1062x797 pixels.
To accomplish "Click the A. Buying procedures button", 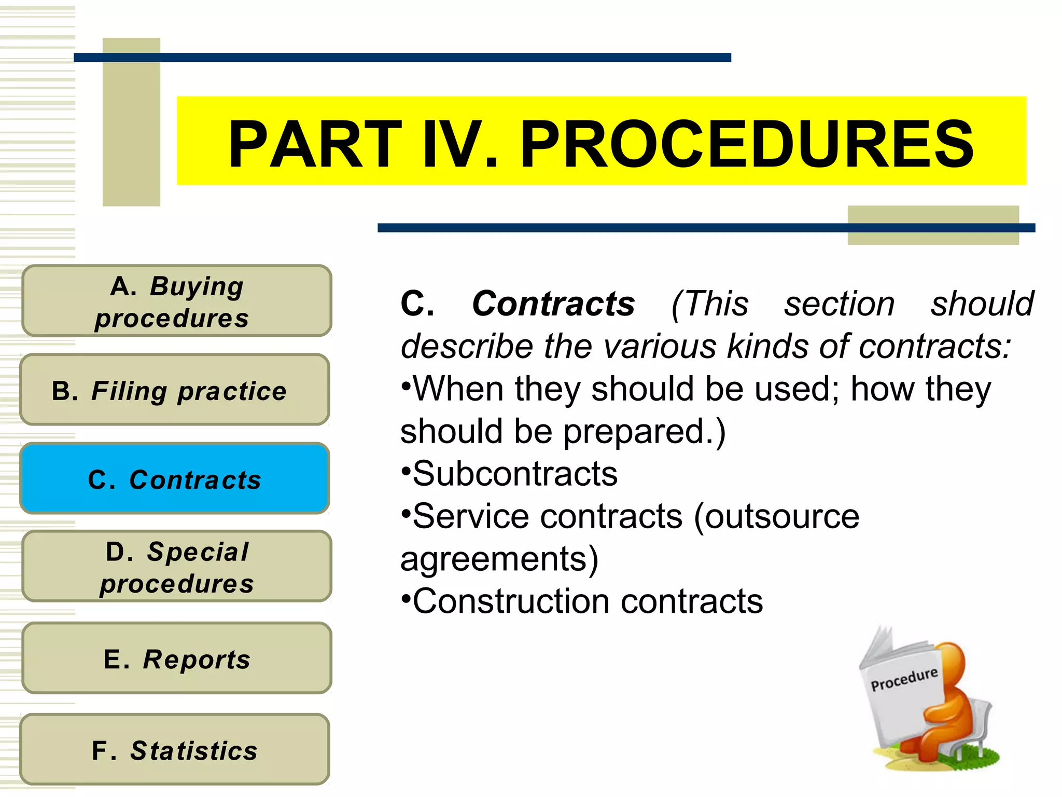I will pyautogui.click(x=176, y=301).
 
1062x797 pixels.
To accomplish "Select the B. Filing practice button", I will pyautogui.click(x=175, y=390).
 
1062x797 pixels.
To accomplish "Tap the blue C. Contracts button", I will pyautogui.click(x=175, y=478).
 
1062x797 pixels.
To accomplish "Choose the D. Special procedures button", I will pyautogui.click(x=176, y=567).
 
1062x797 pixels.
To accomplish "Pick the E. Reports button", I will pyautogui.click(x=176, y=658).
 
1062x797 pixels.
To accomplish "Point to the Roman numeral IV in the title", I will pyautogui.click(x=459, y=144).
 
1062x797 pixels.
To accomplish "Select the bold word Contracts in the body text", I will pyautogui.click(x=553, y=304).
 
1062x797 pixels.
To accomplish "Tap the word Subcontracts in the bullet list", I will pyautogui.click(x=515, y=474).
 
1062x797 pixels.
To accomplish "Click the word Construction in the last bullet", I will pyautogui.click(x=511, y=601).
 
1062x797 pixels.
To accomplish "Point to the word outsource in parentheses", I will pyautogui.click(x=776, y=517).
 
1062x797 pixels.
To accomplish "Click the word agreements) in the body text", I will pyautogui.click(x=499, y=559).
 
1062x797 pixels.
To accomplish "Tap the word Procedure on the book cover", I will pyautogui.click(x=904, y=679).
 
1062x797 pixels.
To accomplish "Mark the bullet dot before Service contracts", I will pyautogui.click(x=406, y=515).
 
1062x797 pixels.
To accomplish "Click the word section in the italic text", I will pyautogui.click(x=839, y=304).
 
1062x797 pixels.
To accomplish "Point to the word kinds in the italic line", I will pyautogui.click(x=767, y=346).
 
